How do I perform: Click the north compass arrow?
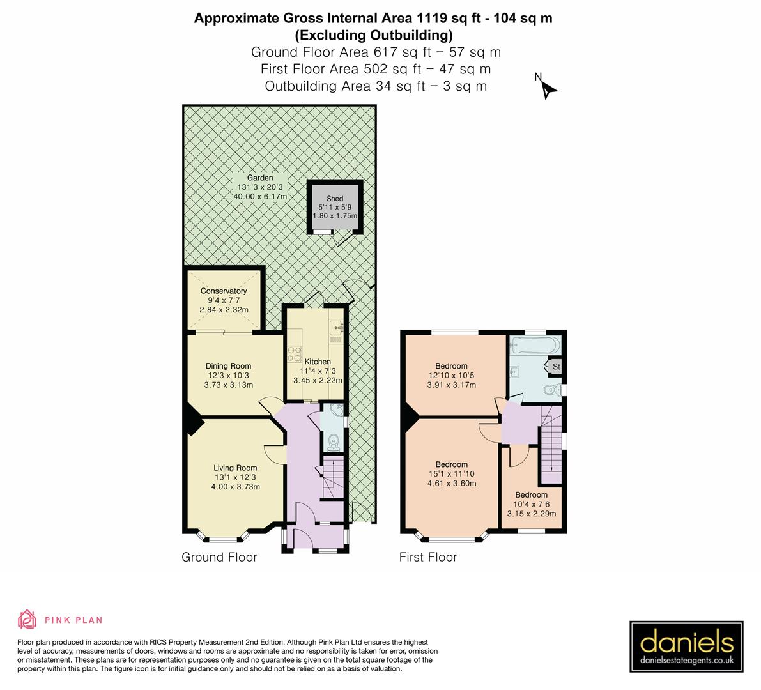click(548, 89)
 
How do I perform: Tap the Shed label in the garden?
click(335, 199)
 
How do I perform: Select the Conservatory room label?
click(224, 291)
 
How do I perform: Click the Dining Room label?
click(228, 366)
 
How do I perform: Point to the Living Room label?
click(235, 468)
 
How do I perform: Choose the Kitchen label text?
click(318, 362)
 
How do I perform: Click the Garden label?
click(260, 178)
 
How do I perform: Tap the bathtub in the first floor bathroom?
click(535, 345)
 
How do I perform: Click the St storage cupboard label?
click(556, 367)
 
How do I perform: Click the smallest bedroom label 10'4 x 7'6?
click(531, 504)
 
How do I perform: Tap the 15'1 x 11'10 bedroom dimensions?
click(451, 474)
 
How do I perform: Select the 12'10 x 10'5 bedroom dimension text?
click(451, 376)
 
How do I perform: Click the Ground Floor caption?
click(219, 557)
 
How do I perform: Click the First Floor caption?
click(428, 557)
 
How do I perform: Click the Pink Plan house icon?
click(27, 620)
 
